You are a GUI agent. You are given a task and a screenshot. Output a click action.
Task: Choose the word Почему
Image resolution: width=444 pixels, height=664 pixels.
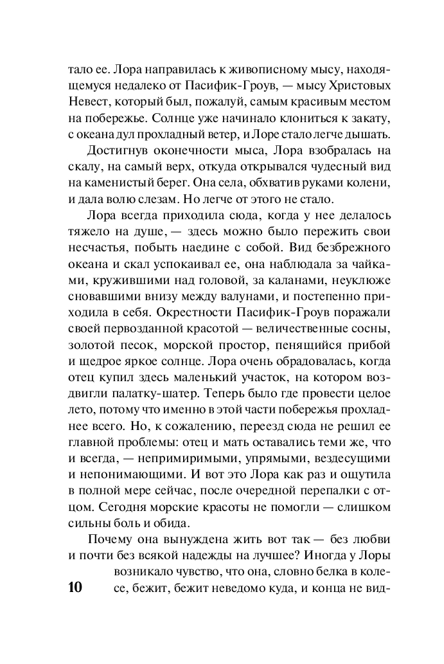(111, 555)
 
